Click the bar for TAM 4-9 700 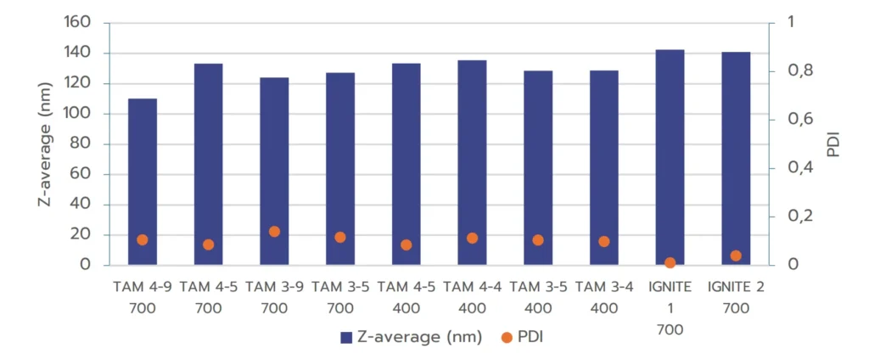coord(143,182)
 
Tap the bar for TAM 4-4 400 coord(472,162)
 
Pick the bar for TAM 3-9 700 coord(274,171)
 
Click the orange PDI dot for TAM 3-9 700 coord(274,232)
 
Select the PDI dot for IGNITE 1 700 coord(670,263)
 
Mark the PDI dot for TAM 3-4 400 coord(604,241)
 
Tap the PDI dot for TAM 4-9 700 coord(143,240)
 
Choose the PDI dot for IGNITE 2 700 coord(736,256)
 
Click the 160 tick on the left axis coord(78,23)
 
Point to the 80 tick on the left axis coord(82,144)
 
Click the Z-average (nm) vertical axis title coord(48,144)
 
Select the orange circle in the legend coord(507,337)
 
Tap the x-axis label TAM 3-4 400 coord(604,297)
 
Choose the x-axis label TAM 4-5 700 coord(209,297)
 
